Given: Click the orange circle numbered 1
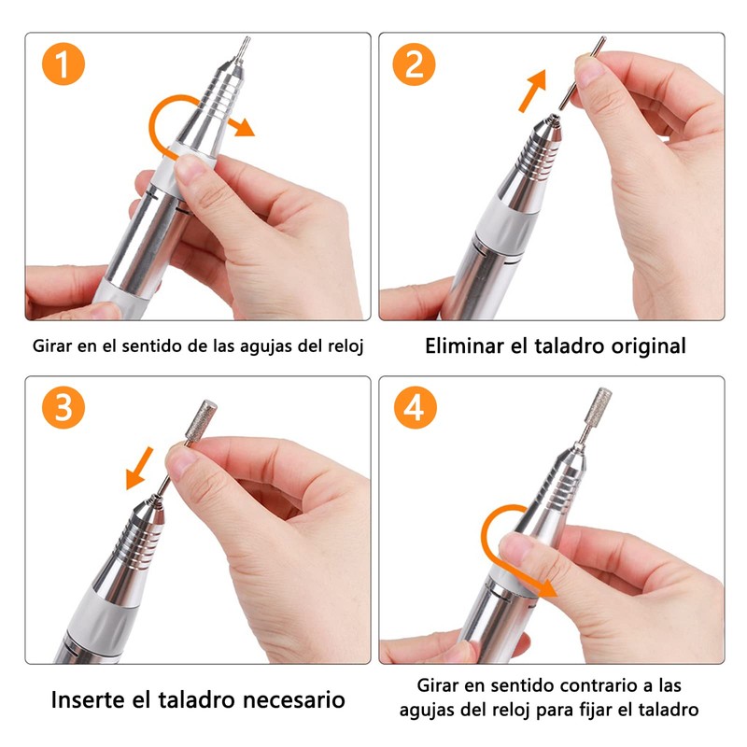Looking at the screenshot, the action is pyautogui.click(x=63, y=64).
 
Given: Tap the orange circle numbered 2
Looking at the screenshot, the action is pyautogui.click(x=414, y=64).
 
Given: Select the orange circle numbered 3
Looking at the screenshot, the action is pyautogui.click(x=63, y=407).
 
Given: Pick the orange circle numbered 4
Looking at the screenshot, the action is pyautogui.click(x=415, y=407).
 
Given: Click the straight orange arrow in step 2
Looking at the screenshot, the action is pyautogui.click(x=532, y=91).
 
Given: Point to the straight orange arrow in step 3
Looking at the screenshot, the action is pyautogui.click(x=139, y=469).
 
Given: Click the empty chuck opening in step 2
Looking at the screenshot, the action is pyautogui.click(x=554, y=118).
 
